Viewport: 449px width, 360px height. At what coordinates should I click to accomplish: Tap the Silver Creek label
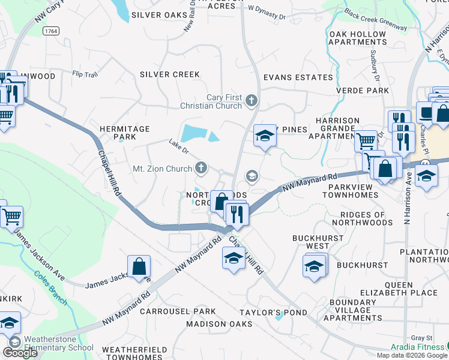click(169, 74)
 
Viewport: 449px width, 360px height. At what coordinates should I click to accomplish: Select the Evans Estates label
click(298, 77)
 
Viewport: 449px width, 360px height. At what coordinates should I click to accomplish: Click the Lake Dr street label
click(178, 145)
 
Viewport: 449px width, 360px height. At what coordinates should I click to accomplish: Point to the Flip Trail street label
click(84, 75)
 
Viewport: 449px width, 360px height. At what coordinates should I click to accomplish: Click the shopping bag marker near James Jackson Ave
click(139, 265)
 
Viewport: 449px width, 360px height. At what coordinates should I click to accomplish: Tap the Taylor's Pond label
click(273, 313)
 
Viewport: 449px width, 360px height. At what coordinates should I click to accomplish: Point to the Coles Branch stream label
click(50, 287)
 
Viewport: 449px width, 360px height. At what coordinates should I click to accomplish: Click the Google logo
click(20, 353)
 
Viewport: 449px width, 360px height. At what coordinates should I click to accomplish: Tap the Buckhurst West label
click(311, 242)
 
